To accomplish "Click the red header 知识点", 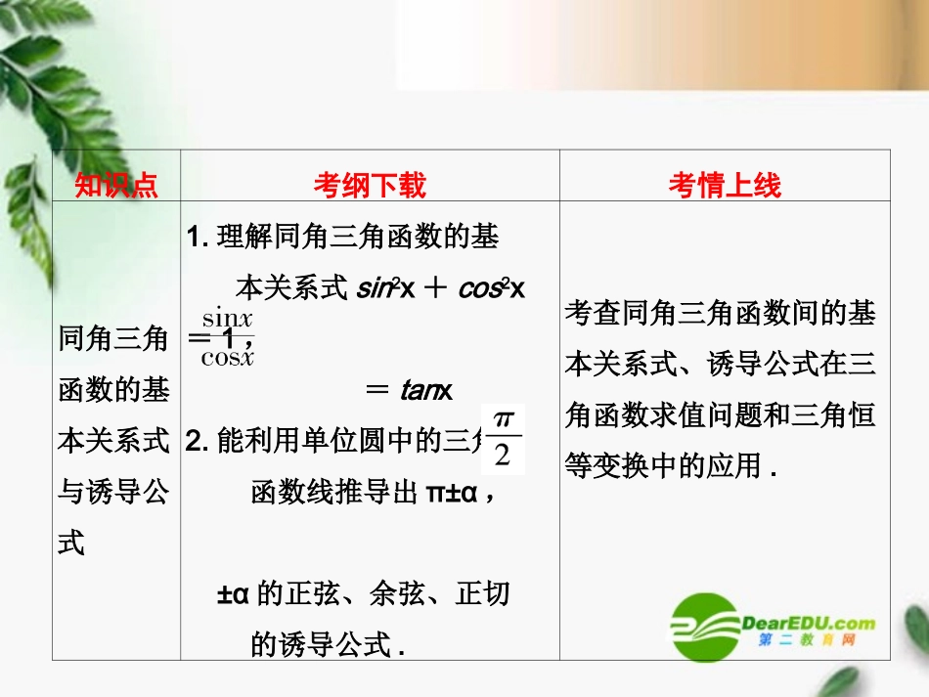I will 116,185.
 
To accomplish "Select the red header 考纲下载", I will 370,185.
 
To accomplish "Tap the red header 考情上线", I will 725,185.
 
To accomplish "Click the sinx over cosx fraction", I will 228,337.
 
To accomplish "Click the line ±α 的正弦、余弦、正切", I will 363,593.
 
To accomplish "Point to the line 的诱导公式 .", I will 328,644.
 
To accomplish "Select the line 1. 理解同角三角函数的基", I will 342,238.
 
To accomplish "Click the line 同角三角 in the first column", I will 114,339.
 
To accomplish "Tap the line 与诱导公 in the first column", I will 114,492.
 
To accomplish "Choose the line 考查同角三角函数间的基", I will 721,314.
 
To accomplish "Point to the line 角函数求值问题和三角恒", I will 721,415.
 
